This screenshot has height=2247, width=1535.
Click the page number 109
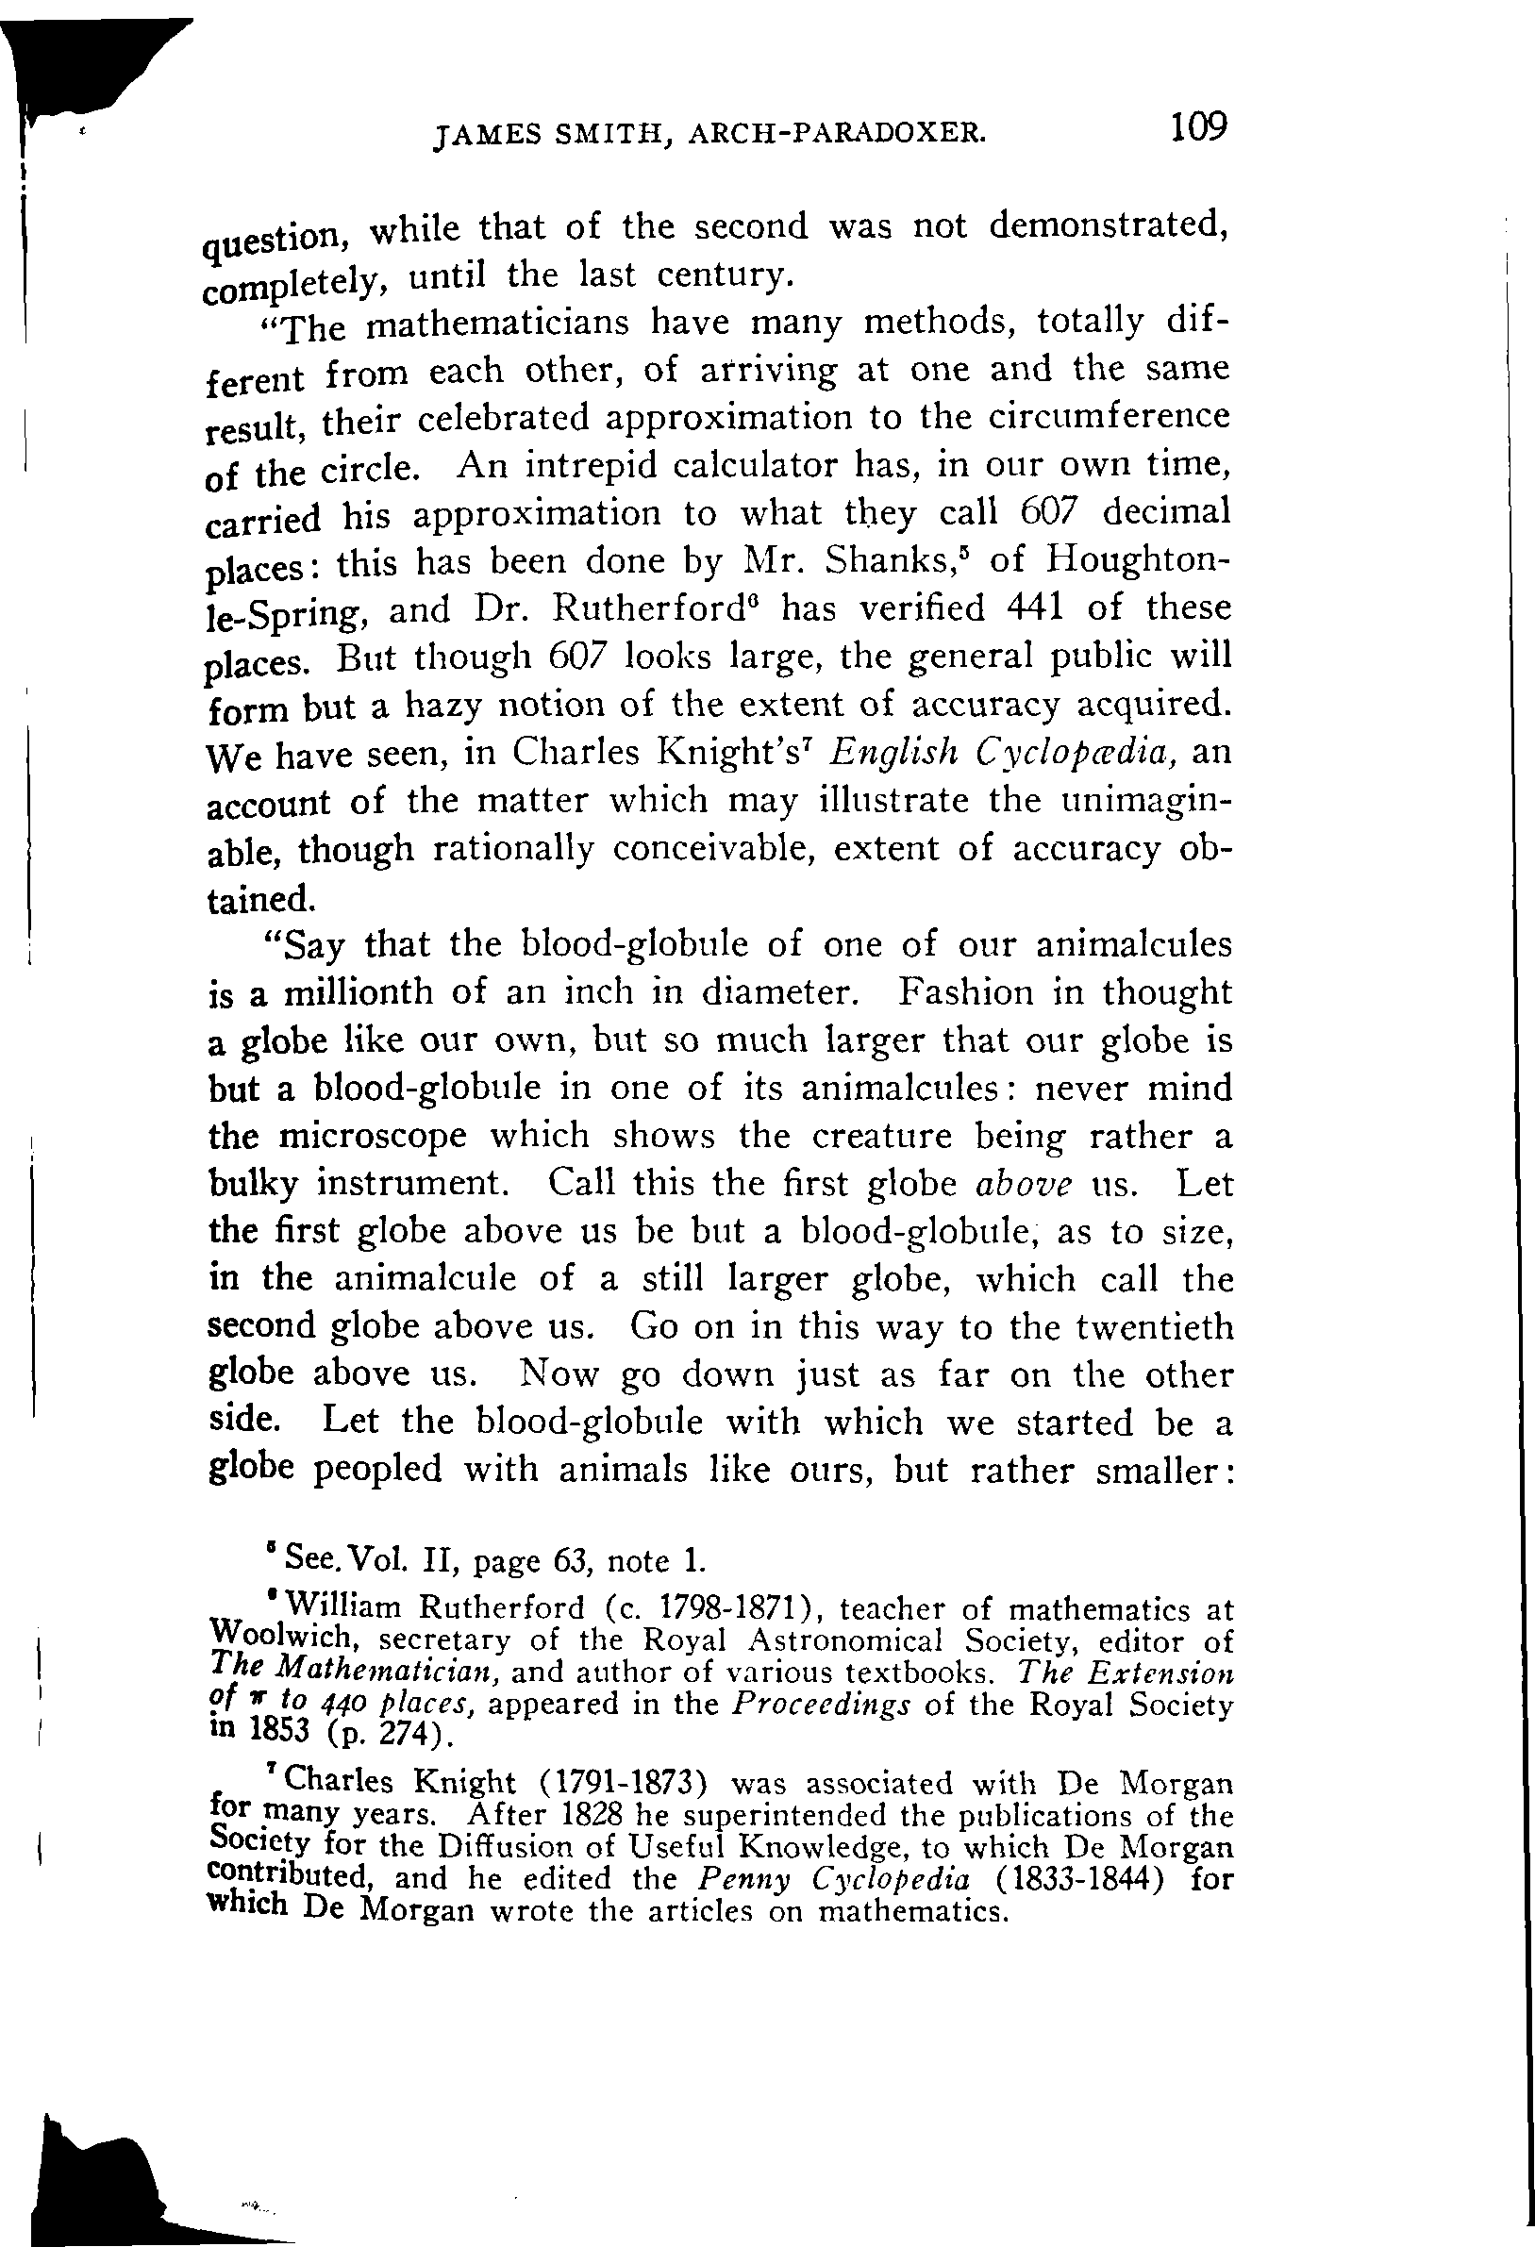[x=1197, y=126]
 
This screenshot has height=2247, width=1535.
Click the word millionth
[x=338, y=993]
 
